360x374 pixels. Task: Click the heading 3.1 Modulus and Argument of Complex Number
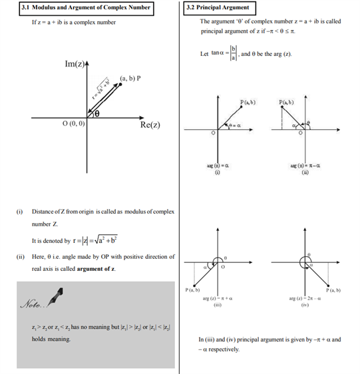tap(85, 8)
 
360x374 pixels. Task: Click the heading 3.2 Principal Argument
tap(220, 8)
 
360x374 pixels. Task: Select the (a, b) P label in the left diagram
tap(130, 79)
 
